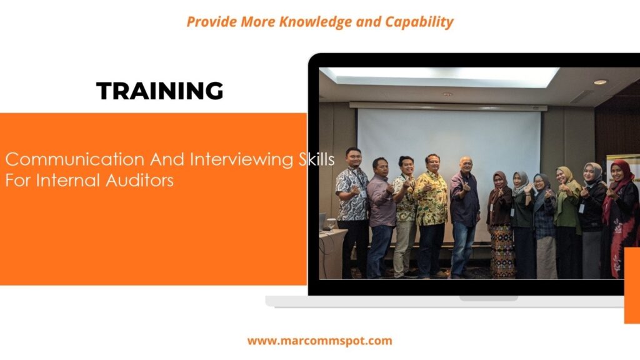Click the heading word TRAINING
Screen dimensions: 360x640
(159, 91)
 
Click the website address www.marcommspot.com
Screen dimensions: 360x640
(319, 341)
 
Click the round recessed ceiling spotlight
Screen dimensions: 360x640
(600, 82)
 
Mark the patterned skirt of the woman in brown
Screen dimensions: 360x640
(501, 250)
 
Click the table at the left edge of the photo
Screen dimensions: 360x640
(329, 250)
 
